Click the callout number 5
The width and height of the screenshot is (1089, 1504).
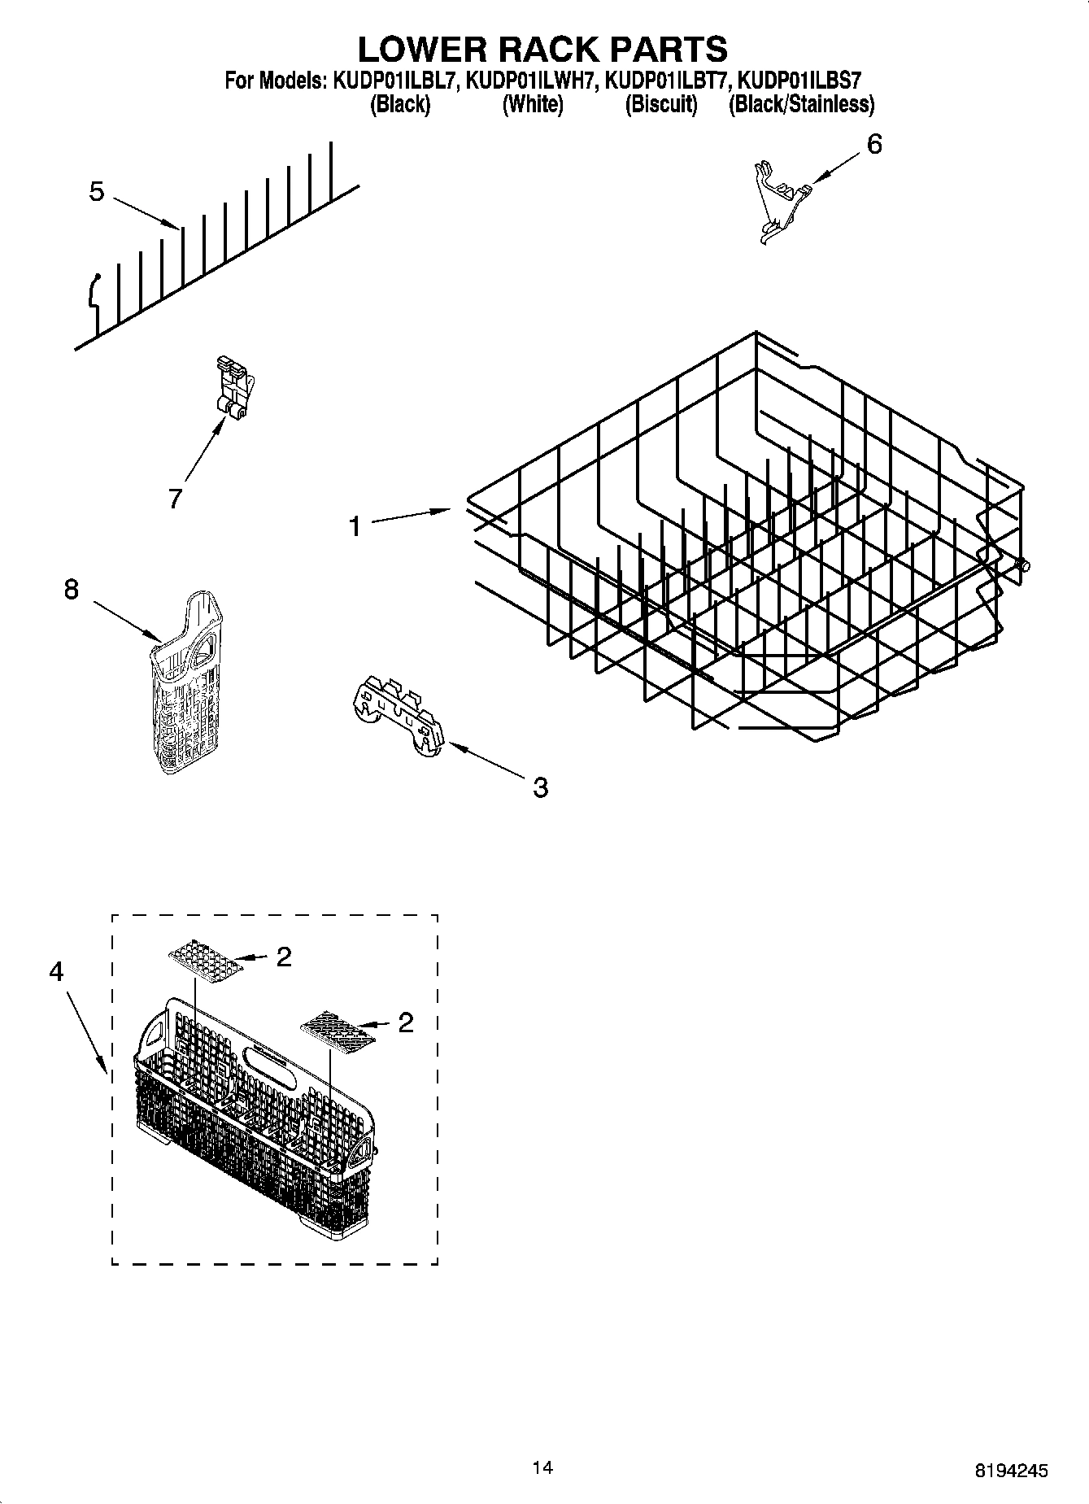(x=97, y=193)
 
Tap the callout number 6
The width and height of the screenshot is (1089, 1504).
(x=873, y=145)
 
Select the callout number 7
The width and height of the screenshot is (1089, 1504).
(x=175, y=498)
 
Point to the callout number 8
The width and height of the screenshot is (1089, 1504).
(x=72, y=589)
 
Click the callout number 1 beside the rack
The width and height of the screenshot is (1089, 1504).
(x=355, y=527)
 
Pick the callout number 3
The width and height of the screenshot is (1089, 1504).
(x=540, y=787)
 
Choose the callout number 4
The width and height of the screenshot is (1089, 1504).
(x=56, y=971)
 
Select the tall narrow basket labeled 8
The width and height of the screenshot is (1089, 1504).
(x=186, y=683)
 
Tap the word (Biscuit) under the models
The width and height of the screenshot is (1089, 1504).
(x=660, y=104)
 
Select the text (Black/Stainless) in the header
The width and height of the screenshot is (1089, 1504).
(x=801, y=104)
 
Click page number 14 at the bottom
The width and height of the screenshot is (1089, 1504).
(x=542, y=1467)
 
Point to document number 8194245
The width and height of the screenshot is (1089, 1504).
(x=1011, y=1471)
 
